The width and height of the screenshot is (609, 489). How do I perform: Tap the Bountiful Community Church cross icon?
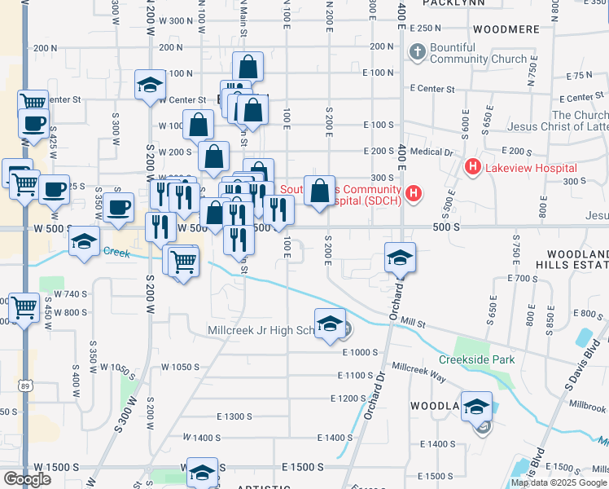click(418, 54)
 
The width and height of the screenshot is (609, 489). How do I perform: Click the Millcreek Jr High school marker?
click(330, 324)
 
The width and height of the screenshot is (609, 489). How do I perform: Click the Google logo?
click(26, 479)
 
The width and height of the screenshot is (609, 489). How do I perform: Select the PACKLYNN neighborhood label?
click(450, 3)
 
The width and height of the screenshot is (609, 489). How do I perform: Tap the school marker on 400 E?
click(400, 258)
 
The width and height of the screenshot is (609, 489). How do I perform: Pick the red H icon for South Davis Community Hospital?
click(414, 193)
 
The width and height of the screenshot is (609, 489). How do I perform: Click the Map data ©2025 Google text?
click(559, 482)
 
